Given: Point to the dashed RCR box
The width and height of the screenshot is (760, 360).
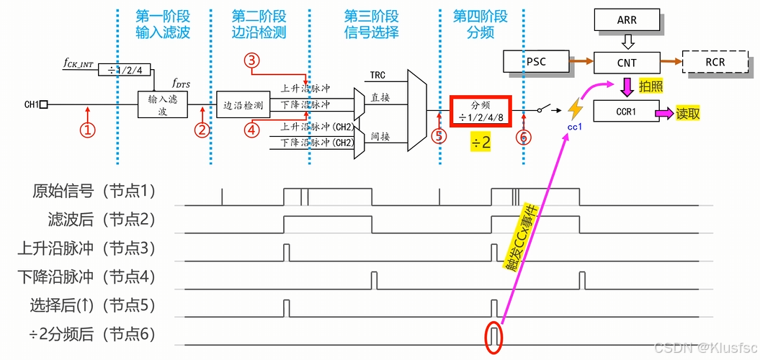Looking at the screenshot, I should (x=715, y=63).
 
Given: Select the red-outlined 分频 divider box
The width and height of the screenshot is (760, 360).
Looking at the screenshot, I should (x=480, y=111).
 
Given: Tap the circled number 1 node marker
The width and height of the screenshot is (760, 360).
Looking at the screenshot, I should (x=87, y=130).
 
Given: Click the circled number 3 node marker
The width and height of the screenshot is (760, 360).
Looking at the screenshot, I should (x=251, y=62).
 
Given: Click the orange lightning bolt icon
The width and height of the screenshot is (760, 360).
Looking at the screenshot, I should (x=576, y=109).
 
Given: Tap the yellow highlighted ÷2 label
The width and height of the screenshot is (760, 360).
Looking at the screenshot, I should (x=480, y=143).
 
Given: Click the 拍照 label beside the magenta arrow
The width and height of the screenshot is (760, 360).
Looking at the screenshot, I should (x=651, y=86).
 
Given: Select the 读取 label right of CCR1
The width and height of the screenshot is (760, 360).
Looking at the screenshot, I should (x=687, y=113).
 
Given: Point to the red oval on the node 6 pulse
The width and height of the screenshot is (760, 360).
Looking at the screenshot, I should (x=493, y=338).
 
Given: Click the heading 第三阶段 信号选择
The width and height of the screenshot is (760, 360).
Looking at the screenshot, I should (x=371, y=24).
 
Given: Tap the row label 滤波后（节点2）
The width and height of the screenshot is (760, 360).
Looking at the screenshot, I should (x=94, y=220).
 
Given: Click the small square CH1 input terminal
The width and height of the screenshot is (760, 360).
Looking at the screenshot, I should (x=44, y=105).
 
